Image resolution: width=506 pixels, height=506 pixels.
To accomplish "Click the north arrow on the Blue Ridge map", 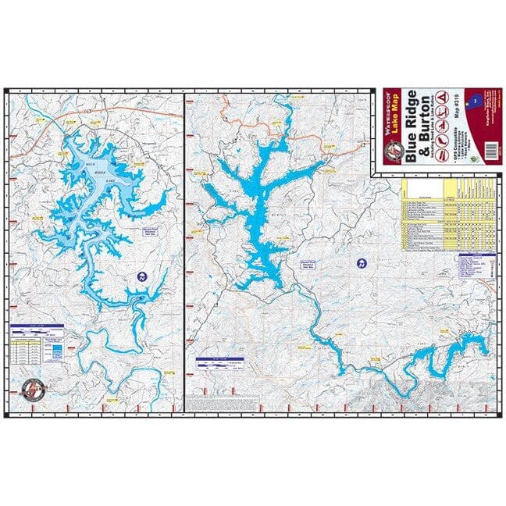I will (x=141, y=276).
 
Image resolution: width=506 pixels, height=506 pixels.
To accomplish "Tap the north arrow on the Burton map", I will (x=361, y=263).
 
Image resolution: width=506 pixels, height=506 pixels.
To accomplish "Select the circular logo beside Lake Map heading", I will (x=390, y=151).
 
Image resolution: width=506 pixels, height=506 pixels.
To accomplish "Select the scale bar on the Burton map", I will (x=216, y=362).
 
